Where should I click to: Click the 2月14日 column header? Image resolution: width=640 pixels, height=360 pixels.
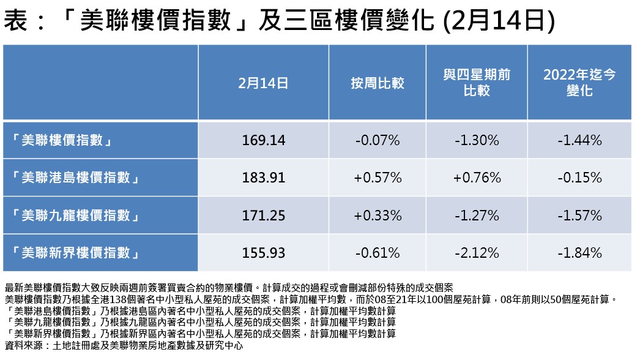263,83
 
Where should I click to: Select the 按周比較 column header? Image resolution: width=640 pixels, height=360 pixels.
378,83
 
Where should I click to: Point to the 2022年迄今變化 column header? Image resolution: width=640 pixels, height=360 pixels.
579,83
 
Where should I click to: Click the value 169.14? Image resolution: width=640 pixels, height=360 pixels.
263,140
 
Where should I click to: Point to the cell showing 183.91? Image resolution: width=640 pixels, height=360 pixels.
263,178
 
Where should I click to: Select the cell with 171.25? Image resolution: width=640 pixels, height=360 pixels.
263,216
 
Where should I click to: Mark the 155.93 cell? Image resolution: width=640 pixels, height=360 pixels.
263,253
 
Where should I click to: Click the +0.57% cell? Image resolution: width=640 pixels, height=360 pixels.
378,178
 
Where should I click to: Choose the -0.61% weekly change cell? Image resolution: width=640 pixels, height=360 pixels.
378,253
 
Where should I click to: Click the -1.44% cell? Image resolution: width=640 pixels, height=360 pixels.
579,140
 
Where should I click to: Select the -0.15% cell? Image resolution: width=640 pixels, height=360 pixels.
579,178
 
